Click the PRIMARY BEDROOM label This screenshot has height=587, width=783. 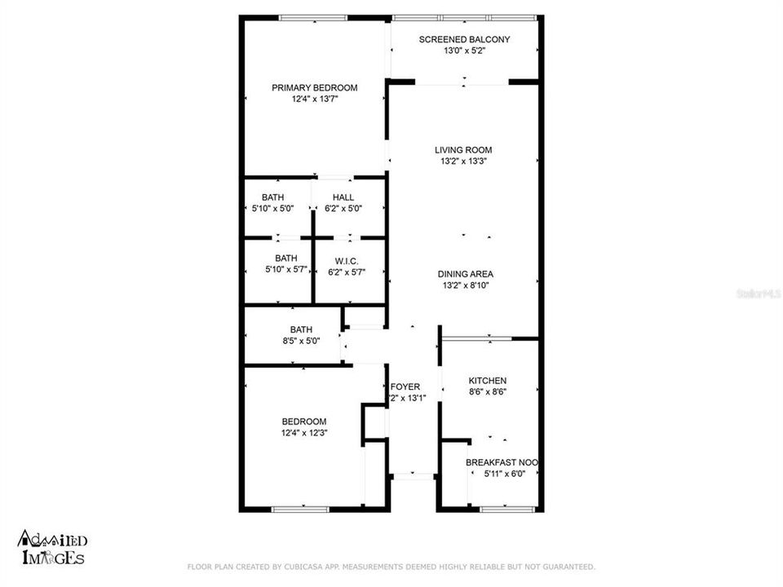314,88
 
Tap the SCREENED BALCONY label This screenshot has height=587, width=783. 464,39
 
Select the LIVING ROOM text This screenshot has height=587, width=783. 462,150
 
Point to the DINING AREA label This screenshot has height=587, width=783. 465,274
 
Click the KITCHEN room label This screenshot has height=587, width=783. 487,381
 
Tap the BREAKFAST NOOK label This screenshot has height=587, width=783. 501,462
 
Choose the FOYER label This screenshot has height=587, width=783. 405,386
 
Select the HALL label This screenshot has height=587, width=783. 343,197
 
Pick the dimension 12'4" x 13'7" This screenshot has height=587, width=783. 314,99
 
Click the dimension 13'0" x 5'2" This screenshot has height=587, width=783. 464,51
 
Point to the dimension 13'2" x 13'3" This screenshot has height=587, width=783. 462,161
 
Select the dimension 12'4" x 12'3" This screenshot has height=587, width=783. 303,432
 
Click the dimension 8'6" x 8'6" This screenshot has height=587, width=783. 487,392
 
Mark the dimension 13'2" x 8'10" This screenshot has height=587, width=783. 465,285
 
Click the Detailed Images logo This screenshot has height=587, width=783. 51,549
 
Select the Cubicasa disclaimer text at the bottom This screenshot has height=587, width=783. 391,566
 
